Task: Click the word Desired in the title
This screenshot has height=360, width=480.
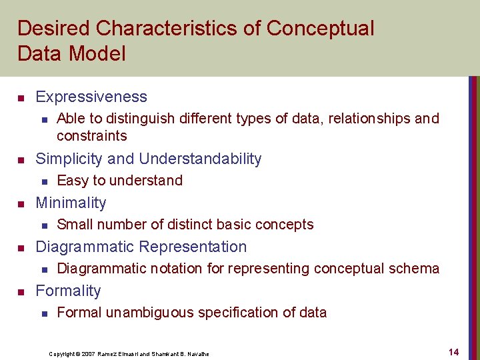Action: (x=53, y=29)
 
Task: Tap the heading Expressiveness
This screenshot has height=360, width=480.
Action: (x=91, y=97)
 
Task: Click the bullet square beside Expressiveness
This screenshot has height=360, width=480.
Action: (x=21, y=98)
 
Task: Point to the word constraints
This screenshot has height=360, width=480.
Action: (x=91, y=136)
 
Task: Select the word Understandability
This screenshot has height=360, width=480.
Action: (x=200, y=159)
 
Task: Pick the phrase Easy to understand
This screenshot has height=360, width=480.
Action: (x=119, y=181)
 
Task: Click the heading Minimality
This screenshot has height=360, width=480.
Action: (x=71, y=203)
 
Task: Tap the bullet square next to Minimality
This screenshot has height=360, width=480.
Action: (x=21, y=204)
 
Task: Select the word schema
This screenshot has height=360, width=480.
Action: (x=416, y=269)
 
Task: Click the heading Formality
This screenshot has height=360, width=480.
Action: (x=68, y=291)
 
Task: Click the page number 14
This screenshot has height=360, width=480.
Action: (x=453, y=352)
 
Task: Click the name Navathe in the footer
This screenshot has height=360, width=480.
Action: (x=197, y=353)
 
